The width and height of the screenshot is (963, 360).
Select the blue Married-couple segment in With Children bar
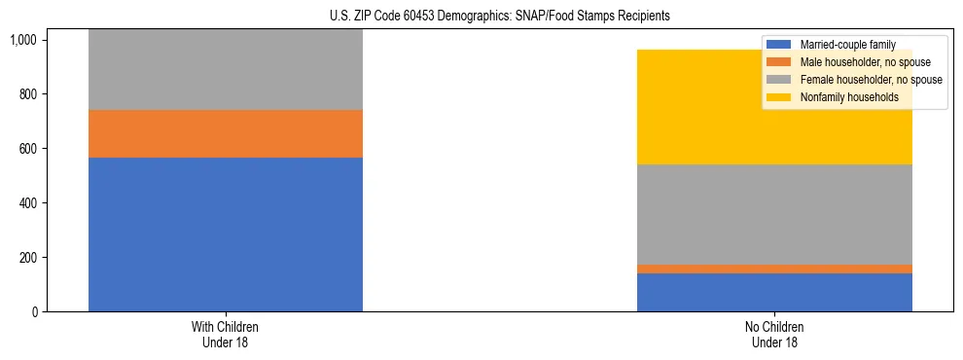[225, 234]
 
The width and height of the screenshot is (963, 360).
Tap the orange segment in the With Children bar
[225, 133]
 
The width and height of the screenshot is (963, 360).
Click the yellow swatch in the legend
[779, 97]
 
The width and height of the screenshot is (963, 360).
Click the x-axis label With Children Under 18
[225, 334]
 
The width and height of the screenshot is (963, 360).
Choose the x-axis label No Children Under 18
[774, 334]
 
